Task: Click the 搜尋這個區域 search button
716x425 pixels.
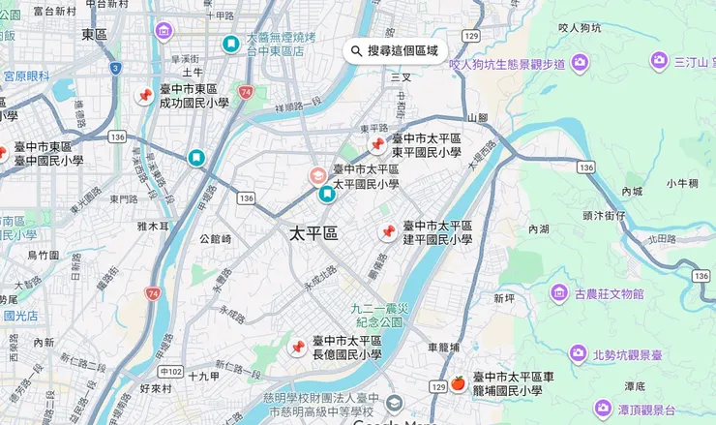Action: pos(395,50)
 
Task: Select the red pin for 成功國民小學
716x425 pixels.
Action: pos(145,96)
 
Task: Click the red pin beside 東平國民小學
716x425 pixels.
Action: pos(377,145)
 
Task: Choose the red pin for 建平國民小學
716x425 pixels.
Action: pos(388,232)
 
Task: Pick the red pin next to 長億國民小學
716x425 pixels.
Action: pos(298,347)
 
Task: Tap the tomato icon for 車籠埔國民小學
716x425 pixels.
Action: pos(458,383)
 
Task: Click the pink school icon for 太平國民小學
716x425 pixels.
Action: pos(317,176)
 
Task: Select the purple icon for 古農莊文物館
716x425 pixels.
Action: pos(559,292)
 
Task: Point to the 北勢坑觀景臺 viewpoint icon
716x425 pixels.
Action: pos(578,353)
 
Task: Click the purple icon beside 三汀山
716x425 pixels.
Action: pos(659,62)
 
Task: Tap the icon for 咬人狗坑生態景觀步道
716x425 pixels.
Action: pos(580,64)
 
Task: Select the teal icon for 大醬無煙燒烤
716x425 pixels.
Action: pos(231,45)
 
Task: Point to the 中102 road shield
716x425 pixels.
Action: pos(170,371)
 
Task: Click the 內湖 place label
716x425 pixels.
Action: pos(538,229)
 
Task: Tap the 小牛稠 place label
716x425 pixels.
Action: pos(682,183)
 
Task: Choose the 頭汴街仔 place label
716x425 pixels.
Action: pos(604,216)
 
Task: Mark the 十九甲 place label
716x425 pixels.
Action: pos(205,376)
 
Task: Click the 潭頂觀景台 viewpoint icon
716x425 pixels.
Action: pos(601,408)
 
